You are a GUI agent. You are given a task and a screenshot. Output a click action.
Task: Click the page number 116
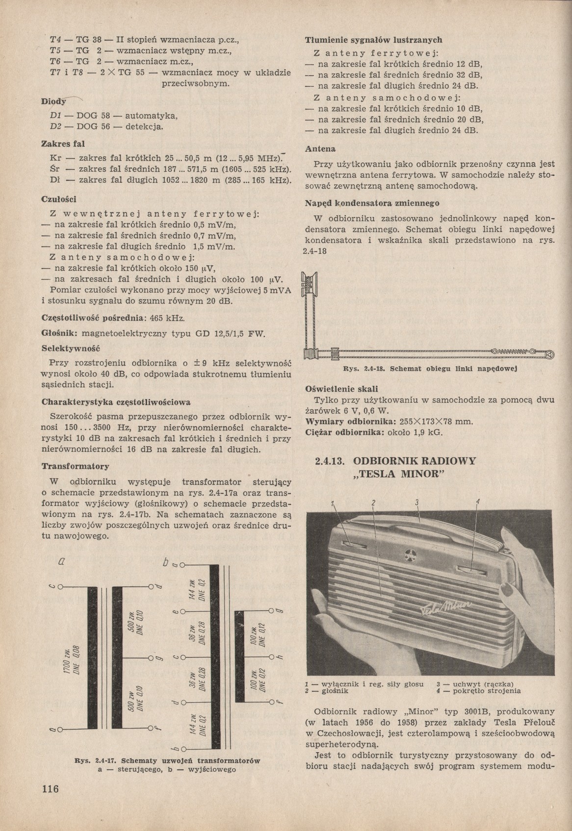pos(51,789)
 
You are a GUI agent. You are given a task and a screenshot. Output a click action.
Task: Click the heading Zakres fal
pos(62,144)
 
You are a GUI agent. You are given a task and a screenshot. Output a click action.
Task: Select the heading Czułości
pos(59,199)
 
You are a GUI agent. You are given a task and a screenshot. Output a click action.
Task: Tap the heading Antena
pos(320,149)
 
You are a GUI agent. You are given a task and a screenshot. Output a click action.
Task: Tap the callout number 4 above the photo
pos(477,501)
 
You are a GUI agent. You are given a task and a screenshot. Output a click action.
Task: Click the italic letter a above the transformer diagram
pos(62,562)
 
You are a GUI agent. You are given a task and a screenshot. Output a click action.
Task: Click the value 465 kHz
pos(167,318)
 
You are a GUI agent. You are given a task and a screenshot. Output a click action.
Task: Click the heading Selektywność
pos(71,349)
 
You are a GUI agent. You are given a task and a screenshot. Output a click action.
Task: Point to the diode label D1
pos(55,116)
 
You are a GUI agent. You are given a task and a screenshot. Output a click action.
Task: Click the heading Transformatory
pos(75,466)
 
